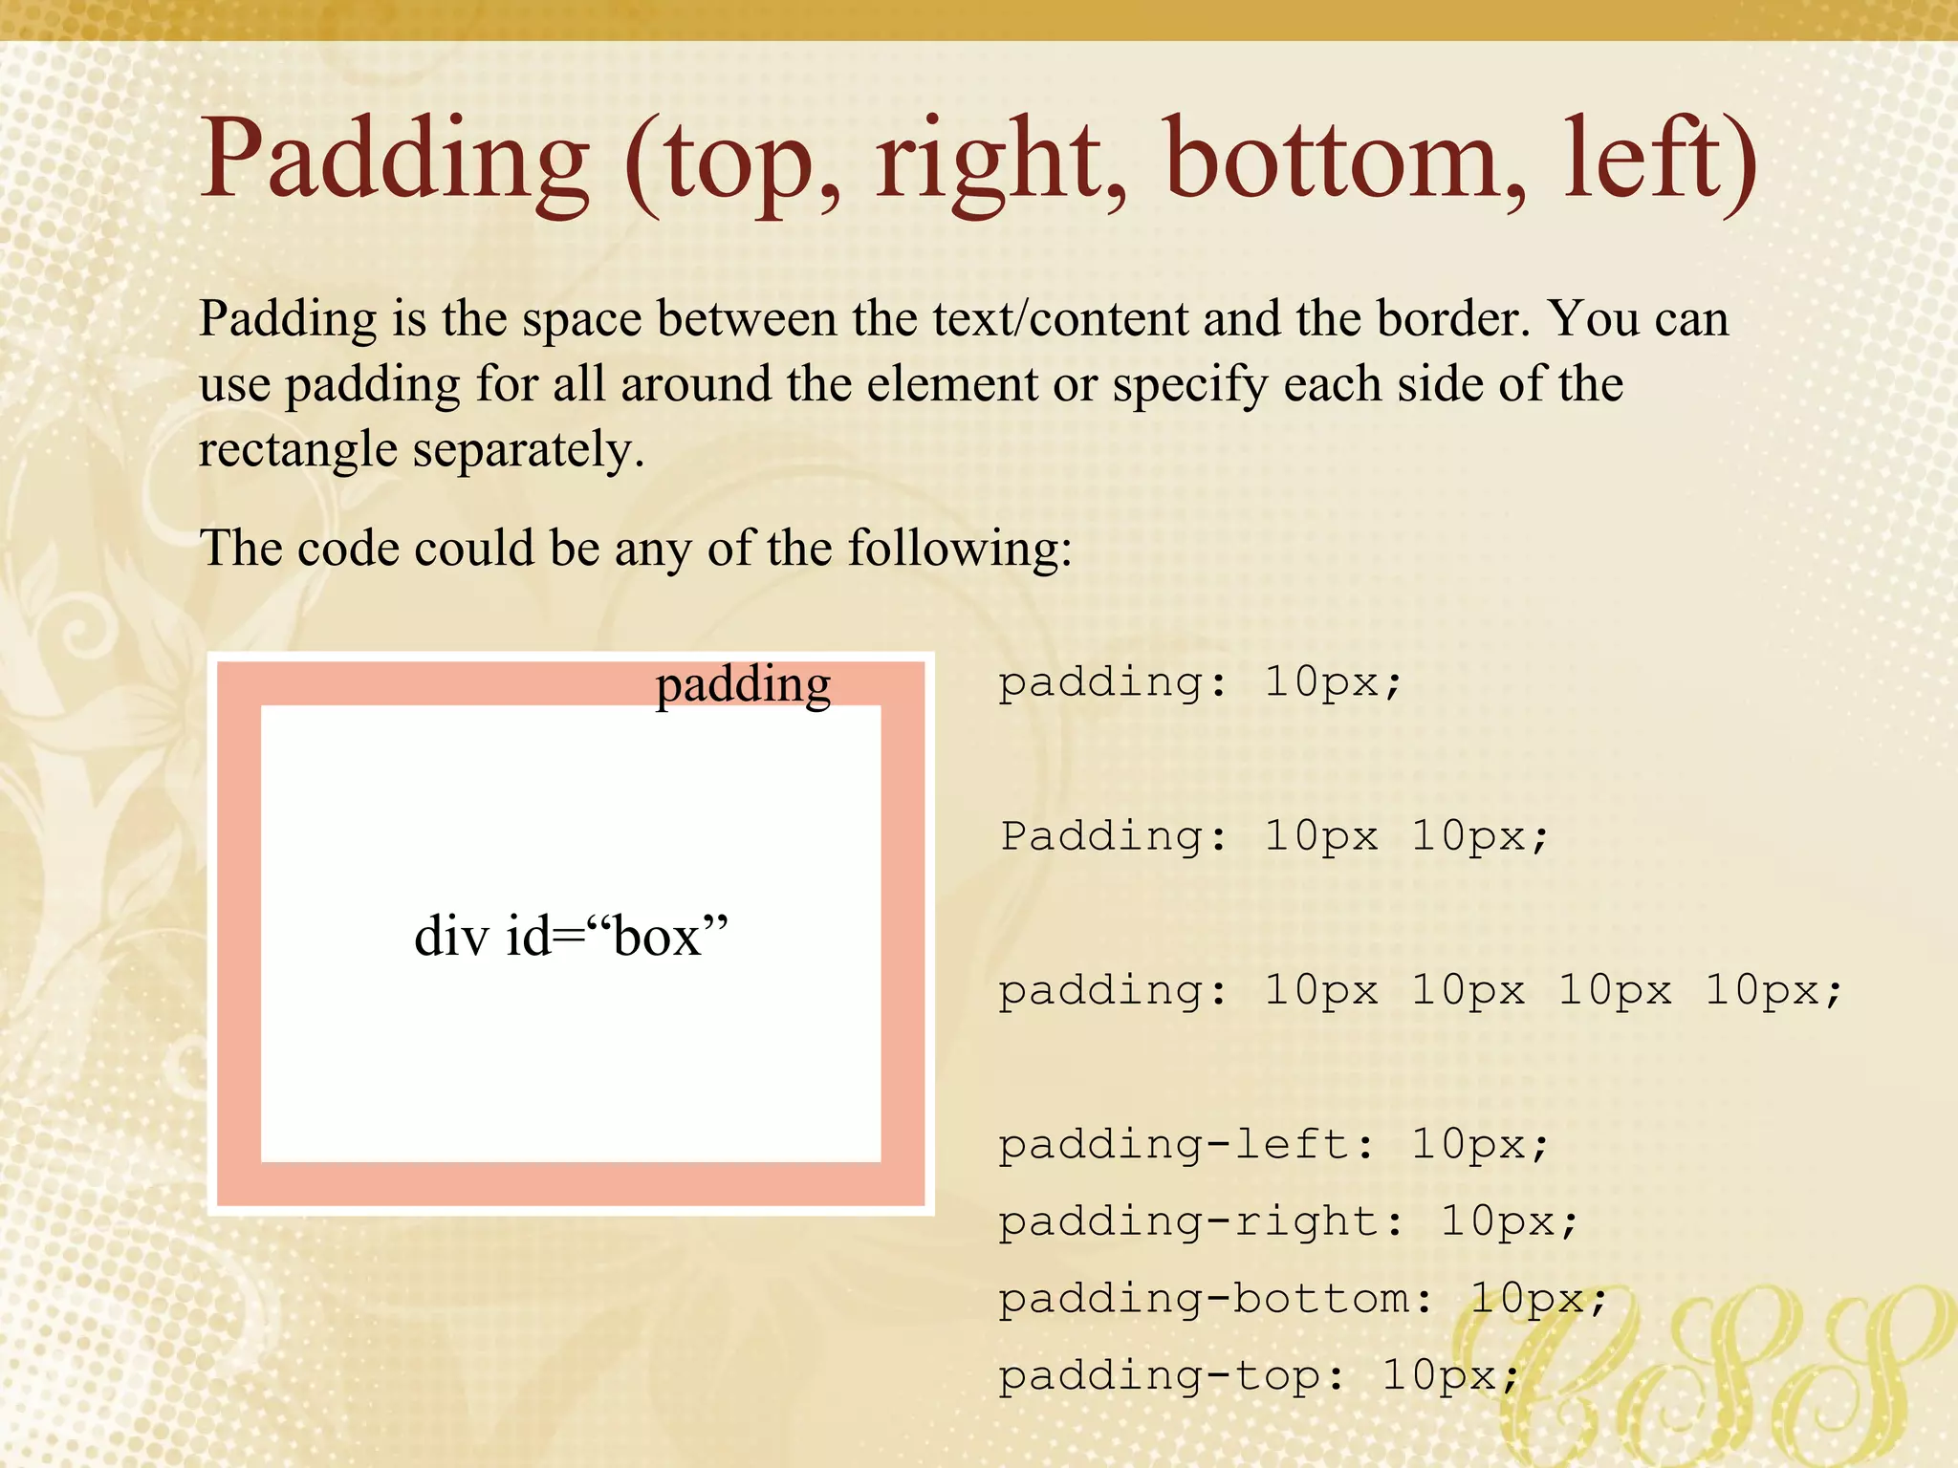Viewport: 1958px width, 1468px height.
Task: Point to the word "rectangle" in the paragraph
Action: pos(297,449)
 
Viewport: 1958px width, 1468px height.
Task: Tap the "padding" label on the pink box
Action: pos(743,684)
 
